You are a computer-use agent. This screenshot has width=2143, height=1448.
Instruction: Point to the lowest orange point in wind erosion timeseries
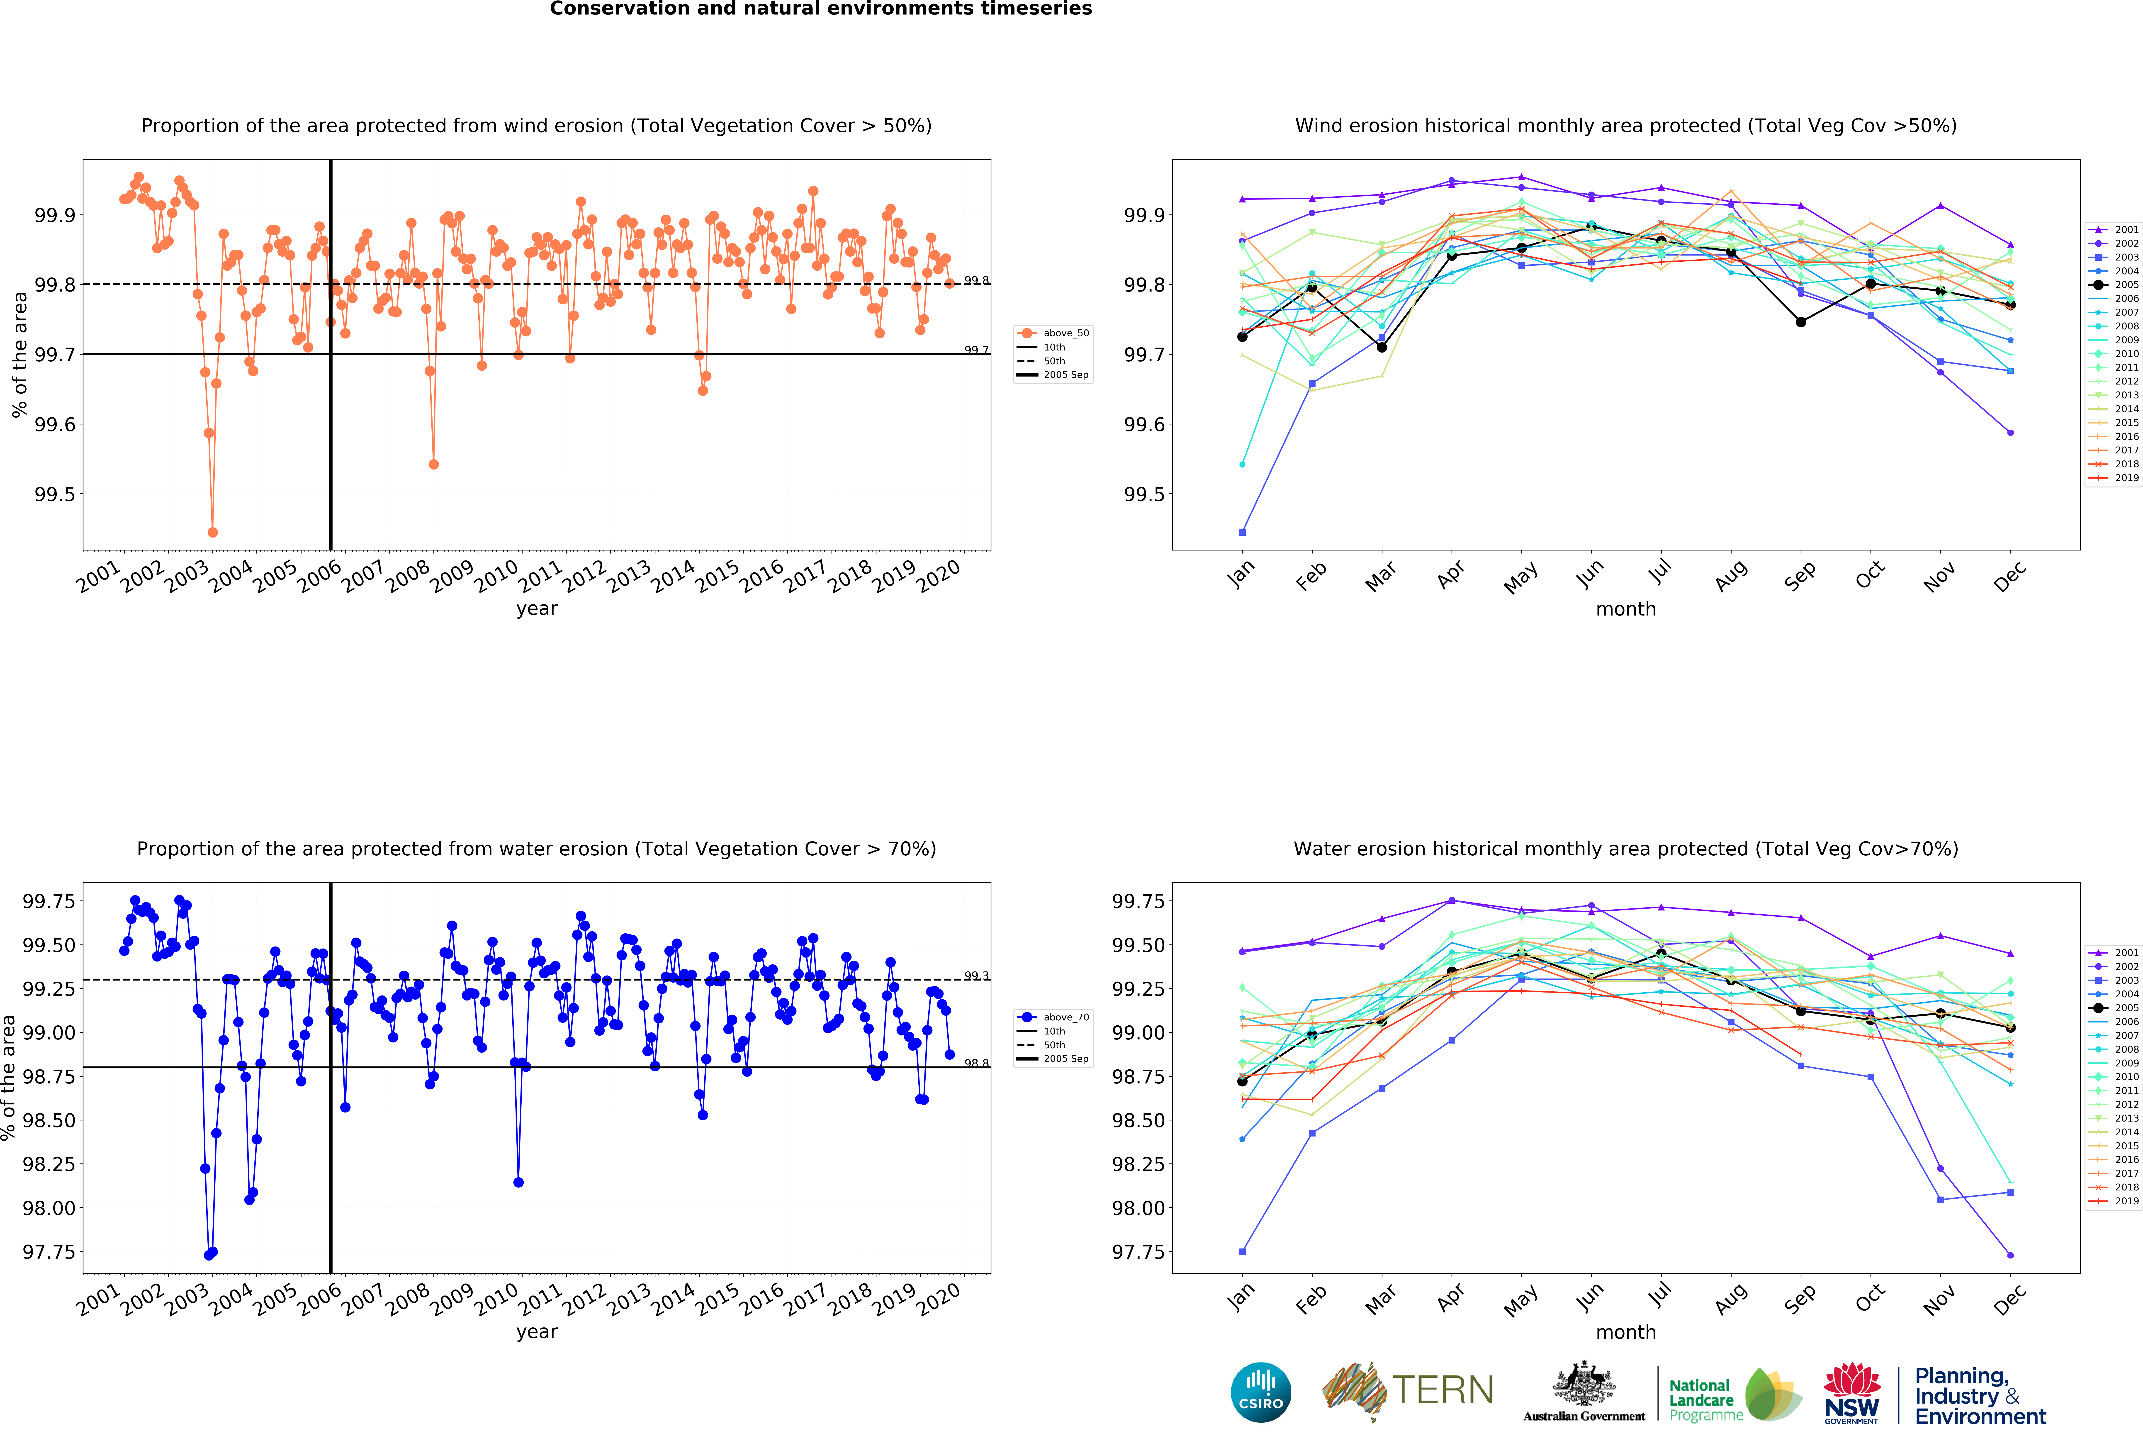213,532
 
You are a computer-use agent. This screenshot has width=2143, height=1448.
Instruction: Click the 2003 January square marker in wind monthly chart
1242,532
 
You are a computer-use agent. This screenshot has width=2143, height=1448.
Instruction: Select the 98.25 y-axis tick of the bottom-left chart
48,1164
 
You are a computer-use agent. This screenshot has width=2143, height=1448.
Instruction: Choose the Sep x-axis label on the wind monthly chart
1800,576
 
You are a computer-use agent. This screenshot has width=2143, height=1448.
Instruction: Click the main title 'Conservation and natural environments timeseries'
821,9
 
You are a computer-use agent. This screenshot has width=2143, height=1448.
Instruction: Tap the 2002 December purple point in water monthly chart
2010,1255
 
